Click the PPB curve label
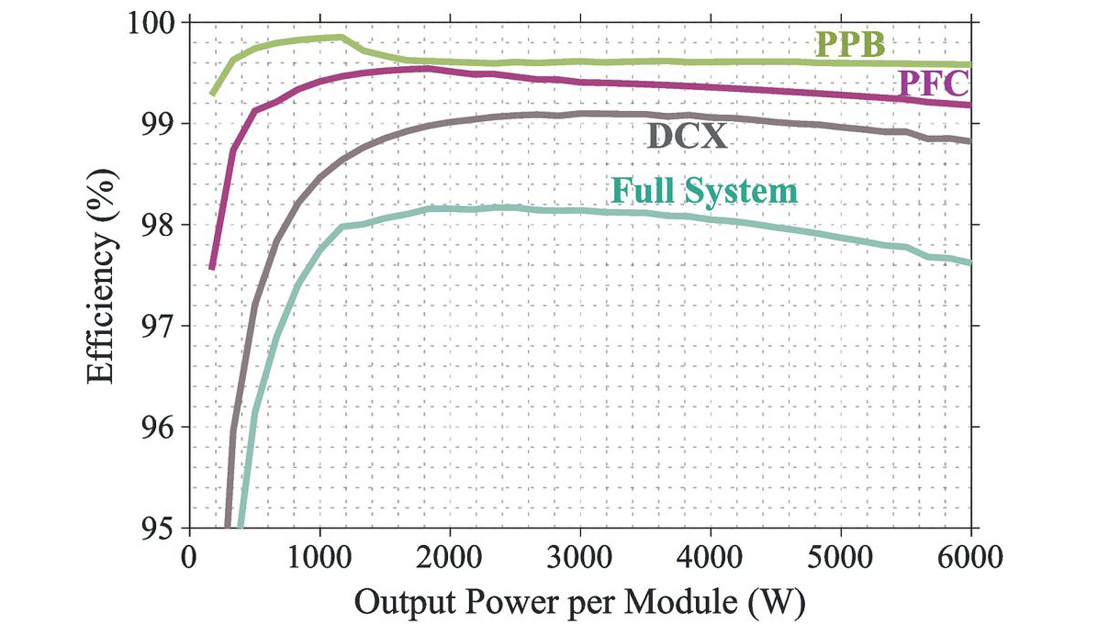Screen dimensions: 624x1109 pos(849,44)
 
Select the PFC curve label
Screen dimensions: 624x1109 pos(933,83)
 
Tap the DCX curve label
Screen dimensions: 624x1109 pos(687,136)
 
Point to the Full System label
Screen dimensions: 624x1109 pos(705,191)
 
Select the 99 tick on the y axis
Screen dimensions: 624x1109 pos(158,124)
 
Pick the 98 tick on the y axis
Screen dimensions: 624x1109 pos(158,226)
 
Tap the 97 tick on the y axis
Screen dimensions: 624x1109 pos(158,327)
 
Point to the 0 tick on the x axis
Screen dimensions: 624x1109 pos(189,558)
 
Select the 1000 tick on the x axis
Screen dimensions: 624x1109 pos(319,558)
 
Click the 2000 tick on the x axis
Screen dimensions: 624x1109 pos(449,558)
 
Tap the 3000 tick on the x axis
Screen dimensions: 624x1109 pos(580,558)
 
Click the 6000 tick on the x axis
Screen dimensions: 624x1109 pos(969,558)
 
